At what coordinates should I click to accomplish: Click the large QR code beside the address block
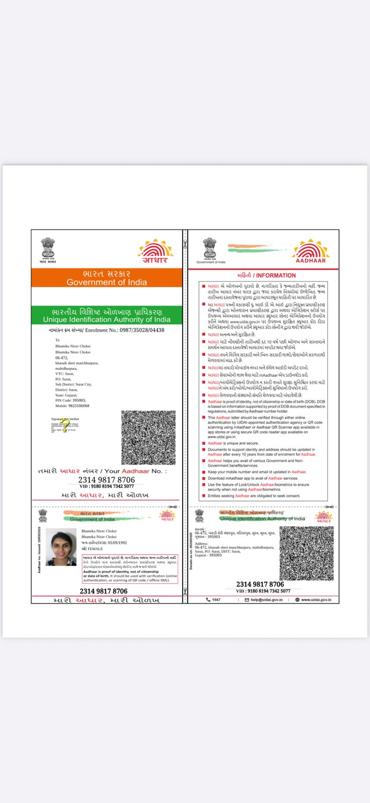click(x=148, y=438)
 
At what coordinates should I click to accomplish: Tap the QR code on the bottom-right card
click(x=306, y=553)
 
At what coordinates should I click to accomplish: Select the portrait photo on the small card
click(x=61, y=547)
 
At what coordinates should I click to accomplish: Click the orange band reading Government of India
click(x=107, y=278)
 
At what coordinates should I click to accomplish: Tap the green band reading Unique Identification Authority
click(x=107, y=315)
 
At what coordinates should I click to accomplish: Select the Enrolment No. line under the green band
click(x=107, y=330)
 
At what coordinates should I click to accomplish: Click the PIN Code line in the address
click(x=71, y=400)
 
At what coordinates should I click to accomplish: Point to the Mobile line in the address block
click(x=72, y=406)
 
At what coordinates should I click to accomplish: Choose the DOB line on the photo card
click(x=104, y=543)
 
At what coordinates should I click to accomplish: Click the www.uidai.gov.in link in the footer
click(x=316, y=600)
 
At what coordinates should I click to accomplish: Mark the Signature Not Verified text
click(x=65, y=419)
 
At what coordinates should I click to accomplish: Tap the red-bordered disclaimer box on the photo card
click(x=130, y=569)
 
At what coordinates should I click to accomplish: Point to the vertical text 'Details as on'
click(x=191, y=552)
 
